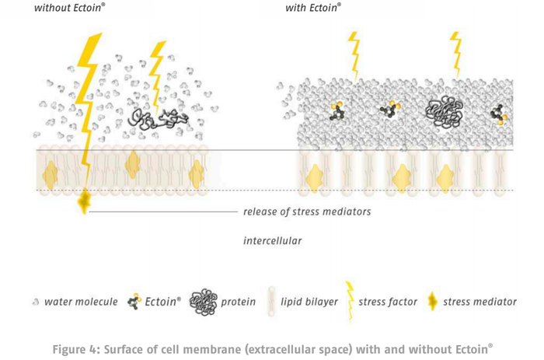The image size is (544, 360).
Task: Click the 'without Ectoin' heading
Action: point(69,8)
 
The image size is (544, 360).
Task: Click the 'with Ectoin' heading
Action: point(313,8)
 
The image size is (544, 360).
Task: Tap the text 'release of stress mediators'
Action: point(307,211)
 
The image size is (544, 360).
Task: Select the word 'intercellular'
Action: point(272,240)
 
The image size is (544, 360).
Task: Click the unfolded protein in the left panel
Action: point(158,119)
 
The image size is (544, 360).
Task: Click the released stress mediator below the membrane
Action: point(84,201)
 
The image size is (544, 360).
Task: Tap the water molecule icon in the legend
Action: point(36,302)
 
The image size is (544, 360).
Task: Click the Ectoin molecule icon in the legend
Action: point(134,302)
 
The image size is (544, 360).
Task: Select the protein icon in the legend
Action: point(204,302)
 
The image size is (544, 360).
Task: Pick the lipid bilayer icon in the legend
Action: point(271,302)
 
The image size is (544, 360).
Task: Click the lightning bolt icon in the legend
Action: point(350,302)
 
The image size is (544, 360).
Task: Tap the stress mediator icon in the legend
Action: point(432,301)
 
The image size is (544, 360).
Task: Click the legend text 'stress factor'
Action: point(388,302)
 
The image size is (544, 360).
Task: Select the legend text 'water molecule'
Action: point(81,302)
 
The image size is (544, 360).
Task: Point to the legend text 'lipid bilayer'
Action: point(309,302)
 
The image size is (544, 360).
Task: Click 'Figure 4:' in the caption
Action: point(76,349)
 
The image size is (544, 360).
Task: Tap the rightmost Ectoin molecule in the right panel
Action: point(499,114)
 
